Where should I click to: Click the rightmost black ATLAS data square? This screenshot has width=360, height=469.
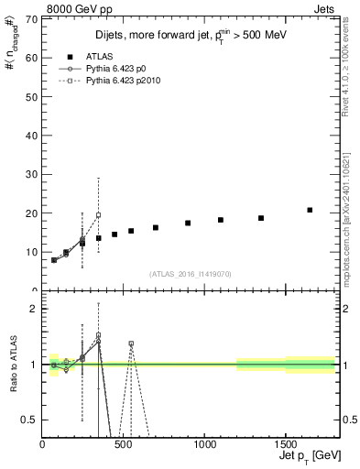coord(310,210)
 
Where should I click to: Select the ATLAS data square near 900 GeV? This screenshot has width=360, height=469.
coord(188,223)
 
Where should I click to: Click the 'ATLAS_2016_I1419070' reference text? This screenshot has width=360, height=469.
coord(189,274)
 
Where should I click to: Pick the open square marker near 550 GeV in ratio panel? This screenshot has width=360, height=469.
coord(131,344)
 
